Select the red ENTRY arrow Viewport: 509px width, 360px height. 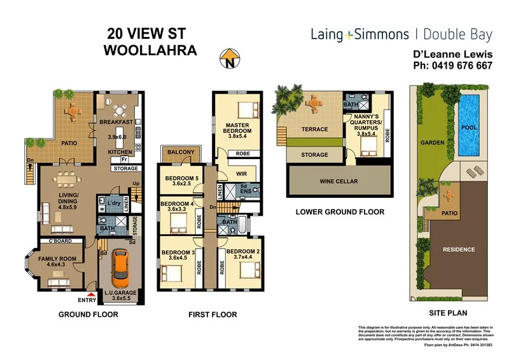[92, 294]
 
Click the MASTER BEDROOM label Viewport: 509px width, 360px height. [235, 130]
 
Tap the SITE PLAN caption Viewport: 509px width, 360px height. [449, 312]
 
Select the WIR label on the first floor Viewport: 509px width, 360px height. [242, 172]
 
